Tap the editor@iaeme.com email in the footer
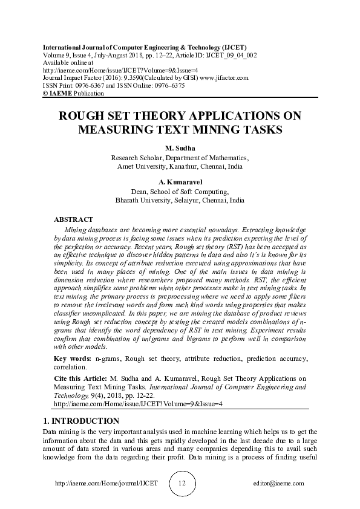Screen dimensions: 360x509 click(x=279, y=484)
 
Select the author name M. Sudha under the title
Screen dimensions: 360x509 click(x=180, y=148)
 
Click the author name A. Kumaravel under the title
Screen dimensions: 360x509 click(x=180, y=182)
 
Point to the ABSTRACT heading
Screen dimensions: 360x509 click(x=74, y=219)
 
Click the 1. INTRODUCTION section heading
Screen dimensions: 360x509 click(x=81, y=421)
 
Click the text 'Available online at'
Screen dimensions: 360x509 click(x=68, y=62)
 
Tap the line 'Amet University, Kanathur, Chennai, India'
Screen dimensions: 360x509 click(x=180, y=165)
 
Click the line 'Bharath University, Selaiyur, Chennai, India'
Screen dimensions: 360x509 click(x=180, y=199)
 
